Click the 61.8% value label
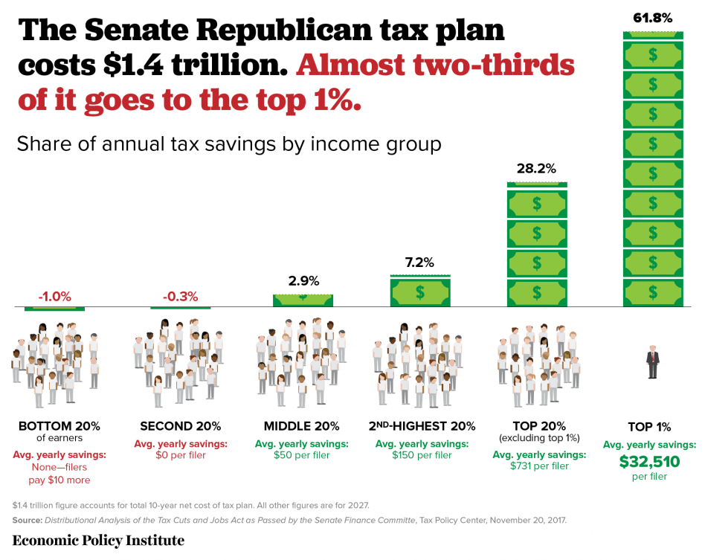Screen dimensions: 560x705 [x=652, y=16]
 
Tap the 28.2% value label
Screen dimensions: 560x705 [x=535, y=169]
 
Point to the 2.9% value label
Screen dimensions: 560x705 [x=303, y=281]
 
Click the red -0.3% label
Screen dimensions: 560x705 [x=180, y=296]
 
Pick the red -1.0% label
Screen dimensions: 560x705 [x=55, y=296]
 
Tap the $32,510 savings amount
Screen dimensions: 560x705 [x=649, y=461]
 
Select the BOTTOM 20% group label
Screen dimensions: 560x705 [x=59, y=426]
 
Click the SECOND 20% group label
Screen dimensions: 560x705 [x=180, y=426]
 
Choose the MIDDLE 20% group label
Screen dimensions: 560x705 [x=301, y=426]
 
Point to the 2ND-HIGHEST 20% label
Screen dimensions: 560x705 [x=422, y=426]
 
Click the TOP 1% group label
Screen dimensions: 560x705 [x=649, y=427]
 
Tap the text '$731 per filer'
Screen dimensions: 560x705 [x=539, y=466]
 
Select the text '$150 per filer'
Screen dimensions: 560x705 [x=422, y=455]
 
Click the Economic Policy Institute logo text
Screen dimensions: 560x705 [x=98, y=540]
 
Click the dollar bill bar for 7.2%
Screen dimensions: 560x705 [x=419, y=292]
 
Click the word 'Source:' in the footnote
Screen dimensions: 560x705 [x=28, y=521]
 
